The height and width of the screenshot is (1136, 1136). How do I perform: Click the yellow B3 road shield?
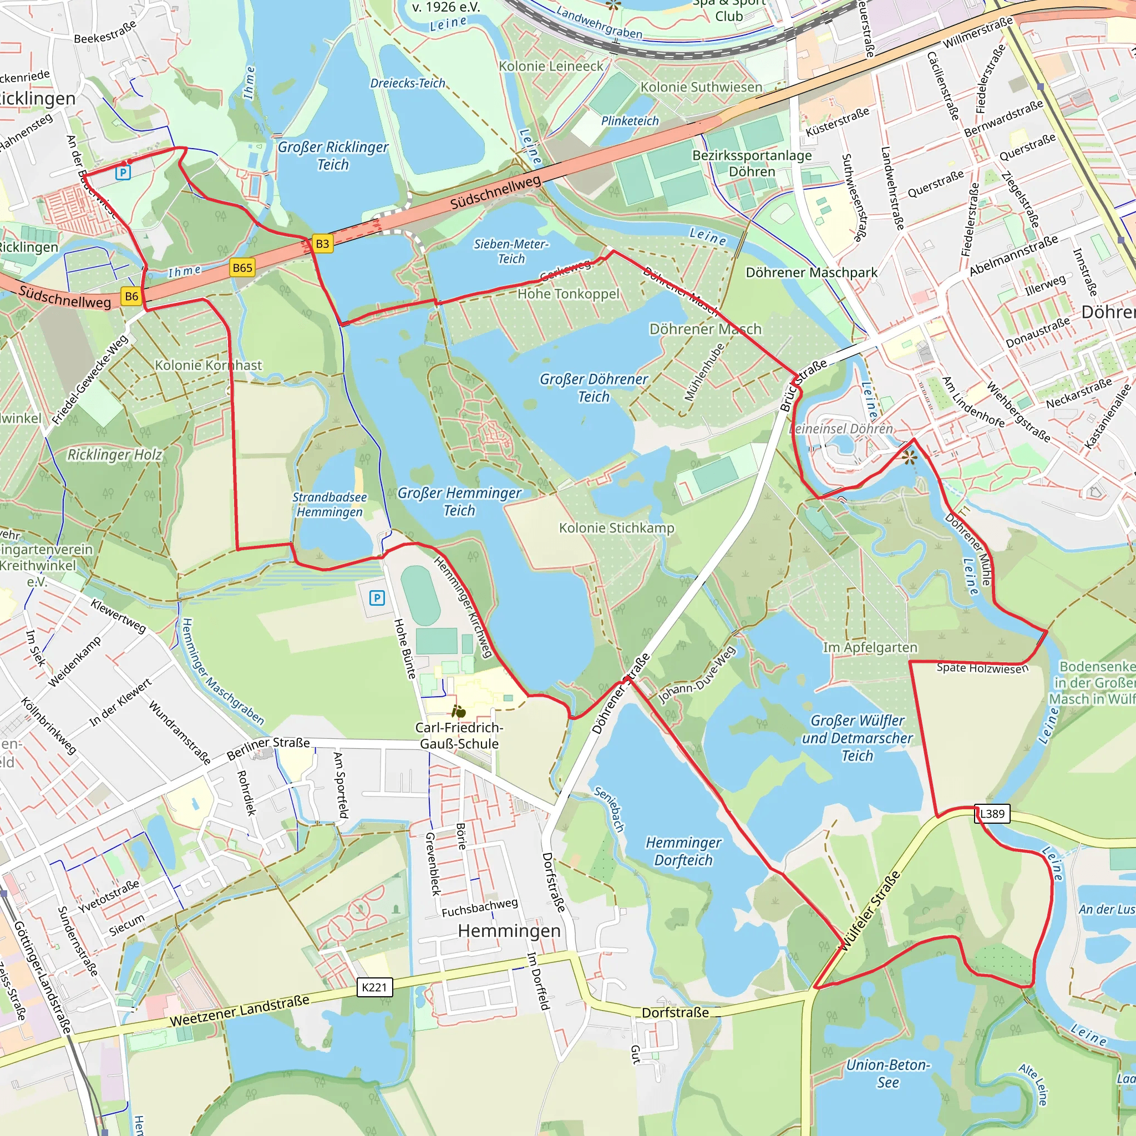tap(322, 244)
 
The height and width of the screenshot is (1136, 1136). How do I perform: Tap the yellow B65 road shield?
tap(242, 267)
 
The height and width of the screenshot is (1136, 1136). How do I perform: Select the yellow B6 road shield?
tap(131, 296)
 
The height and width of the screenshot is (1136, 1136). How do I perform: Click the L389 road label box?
tap(992, 813)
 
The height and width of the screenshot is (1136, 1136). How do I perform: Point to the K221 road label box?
tap(374, 987)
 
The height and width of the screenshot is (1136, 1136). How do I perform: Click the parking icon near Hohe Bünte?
tap(377, 598)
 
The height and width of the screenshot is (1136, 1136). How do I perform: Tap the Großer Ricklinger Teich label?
tap(333, 155)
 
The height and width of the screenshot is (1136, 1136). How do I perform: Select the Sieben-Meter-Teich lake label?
tap(511, 251)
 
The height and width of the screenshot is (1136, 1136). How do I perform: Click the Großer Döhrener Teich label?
tap(594, 388)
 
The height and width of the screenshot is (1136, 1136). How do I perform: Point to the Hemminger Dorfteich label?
tap(683, 851)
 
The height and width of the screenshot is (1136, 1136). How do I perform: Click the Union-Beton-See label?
tap(887, 1073)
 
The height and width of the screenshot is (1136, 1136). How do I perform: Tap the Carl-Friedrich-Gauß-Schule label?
tap(459, 735)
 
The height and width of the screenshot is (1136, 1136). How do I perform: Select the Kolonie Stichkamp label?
tap(616, 528)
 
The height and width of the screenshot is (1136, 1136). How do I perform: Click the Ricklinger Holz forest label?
tap(115, 454)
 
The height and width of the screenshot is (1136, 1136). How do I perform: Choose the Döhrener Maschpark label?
tap(811, 272)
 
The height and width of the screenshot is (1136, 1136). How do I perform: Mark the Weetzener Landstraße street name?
tap(239, 1011)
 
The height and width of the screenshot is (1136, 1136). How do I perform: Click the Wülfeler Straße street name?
tap(871, 911)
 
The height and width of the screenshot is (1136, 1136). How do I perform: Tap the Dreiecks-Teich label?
tap(408, 83)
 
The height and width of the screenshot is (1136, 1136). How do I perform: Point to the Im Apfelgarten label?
tap(870, 647)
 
